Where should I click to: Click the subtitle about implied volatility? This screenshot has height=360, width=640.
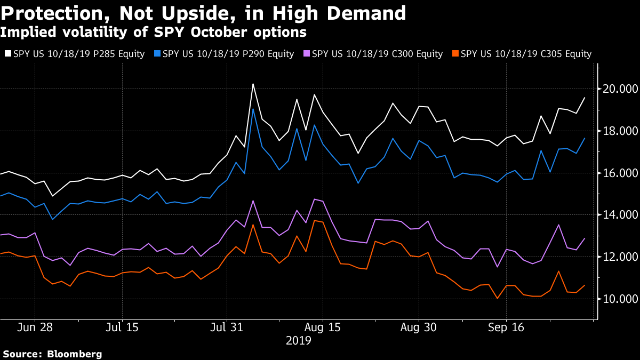tap(153, 33)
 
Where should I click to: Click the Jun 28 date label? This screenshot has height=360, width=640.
tap(35, 327)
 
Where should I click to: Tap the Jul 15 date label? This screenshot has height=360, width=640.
tap(123, 327)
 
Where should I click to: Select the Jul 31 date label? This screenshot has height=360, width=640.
tap(227, 327)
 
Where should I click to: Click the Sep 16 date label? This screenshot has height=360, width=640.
tap(506, 327)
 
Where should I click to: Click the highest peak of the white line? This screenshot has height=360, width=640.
tap(253, 84)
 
